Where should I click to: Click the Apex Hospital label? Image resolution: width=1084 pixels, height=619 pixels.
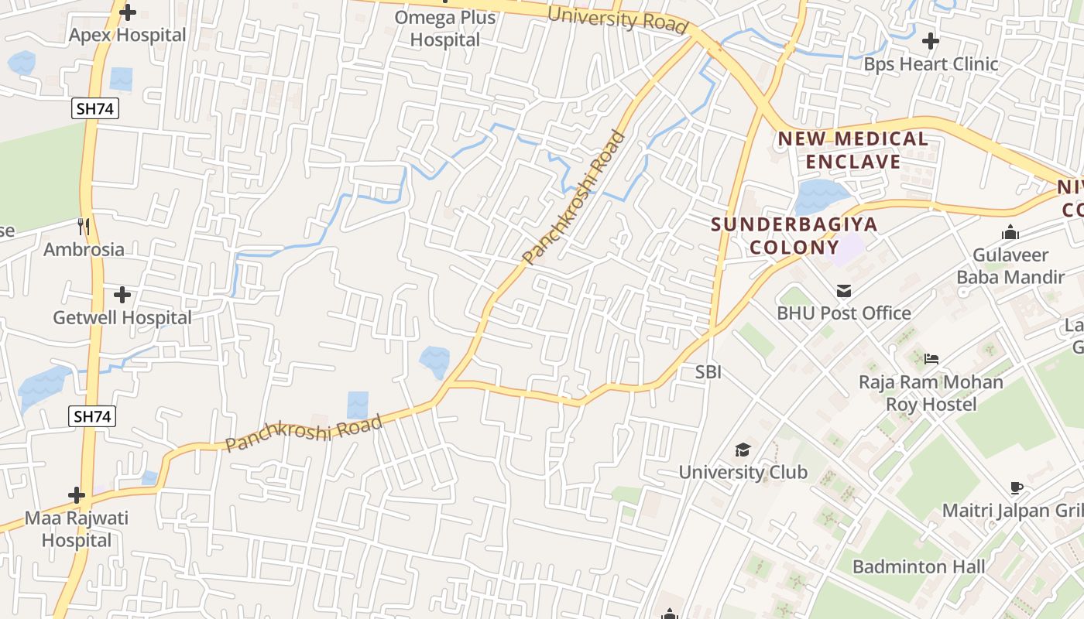128,35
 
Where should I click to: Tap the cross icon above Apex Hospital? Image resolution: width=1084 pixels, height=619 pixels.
128,12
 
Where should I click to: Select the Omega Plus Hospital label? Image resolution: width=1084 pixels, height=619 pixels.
445,28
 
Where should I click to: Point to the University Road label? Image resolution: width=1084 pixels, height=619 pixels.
617,19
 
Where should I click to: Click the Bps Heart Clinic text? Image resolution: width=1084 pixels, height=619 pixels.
931,63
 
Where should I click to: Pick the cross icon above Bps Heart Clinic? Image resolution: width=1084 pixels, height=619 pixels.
931,40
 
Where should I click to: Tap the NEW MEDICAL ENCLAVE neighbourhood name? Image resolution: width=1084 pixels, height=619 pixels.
852,150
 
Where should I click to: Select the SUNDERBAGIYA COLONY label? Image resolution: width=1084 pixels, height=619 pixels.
794,236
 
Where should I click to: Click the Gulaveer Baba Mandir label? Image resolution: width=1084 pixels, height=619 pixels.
1010,265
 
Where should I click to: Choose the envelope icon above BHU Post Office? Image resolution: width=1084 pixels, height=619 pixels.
844,291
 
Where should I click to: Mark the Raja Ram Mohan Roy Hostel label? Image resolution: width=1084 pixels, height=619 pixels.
931,393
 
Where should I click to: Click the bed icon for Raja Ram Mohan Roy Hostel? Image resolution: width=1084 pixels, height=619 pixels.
931,358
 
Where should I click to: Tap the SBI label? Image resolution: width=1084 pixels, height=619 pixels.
708,372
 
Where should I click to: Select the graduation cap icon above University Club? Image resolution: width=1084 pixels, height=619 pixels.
743,450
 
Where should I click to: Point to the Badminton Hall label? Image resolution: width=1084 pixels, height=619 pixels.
918,566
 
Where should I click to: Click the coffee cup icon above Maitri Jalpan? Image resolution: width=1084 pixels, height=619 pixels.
1017,487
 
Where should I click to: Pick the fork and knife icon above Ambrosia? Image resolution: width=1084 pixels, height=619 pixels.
84,227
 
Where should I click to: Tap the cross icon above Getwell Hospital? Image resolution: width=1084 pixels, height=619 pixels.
122,295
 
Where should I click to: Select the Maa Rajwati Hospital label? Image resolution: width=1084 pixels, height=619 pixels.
77,528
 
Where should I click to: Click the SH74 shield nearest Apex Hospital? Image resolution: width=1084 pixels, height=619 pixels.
96,109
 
